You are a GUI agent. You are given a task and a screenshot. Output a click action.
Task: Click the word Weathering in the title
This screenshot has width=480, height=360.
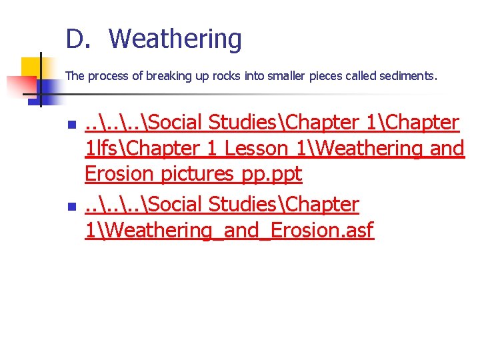click(x=175, y=40)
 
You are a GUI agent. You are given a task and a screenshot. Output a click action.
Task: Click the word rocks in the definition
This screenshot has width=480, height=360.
click(x=227, y=76)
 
